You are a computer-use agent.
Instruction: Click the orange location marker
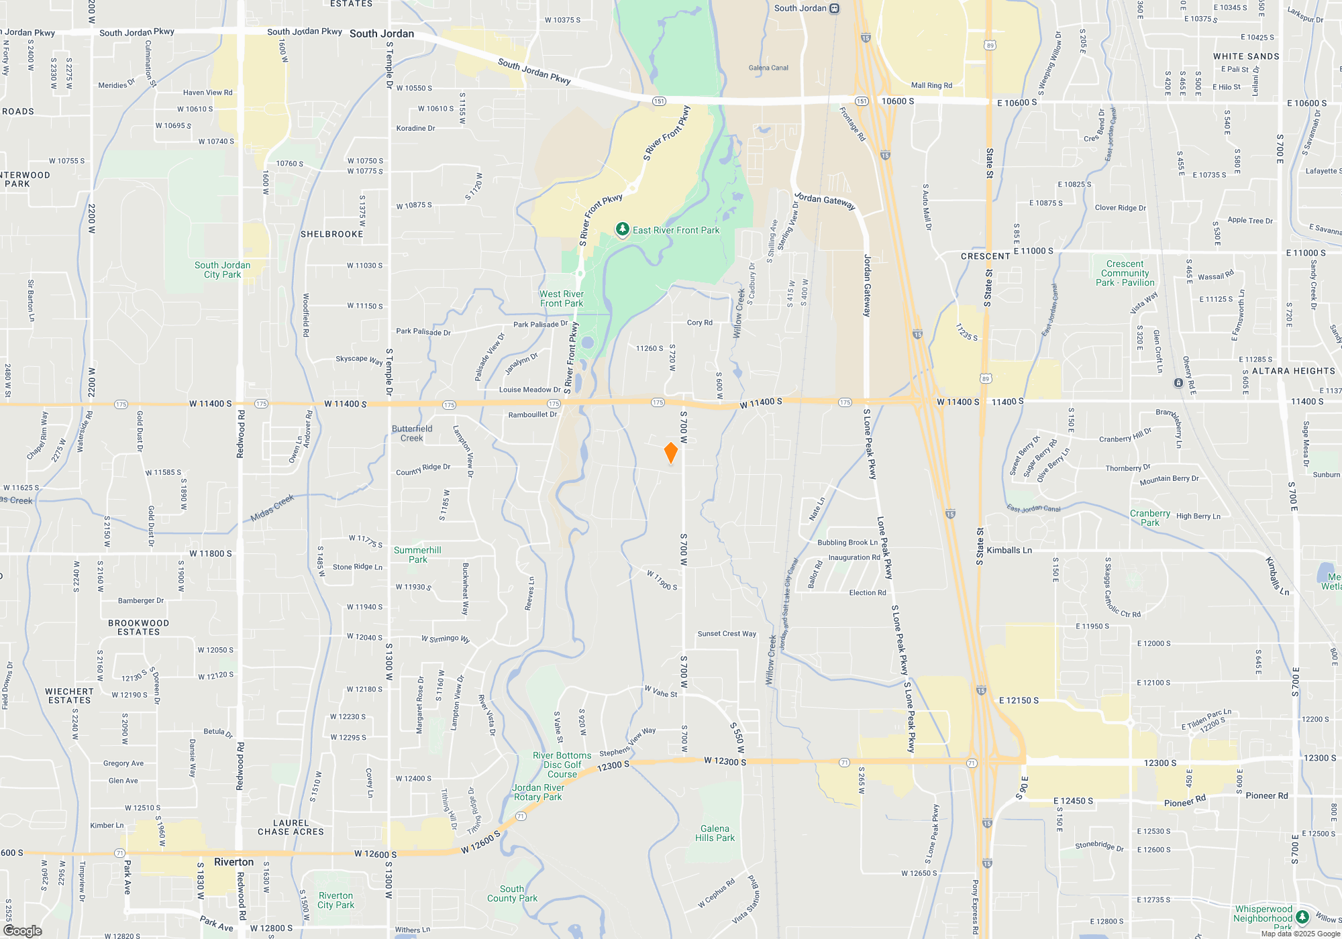(x=670, y=453)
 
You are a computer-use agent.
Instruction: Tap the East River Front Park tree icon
(x=622, y=230)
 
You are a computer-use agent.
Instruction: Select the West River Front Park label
(x=562, y=299)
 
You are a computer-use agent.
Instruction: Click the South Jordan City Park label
(x=222, y=270)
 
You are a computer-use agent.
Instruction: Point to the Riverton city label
(x=234, y=862)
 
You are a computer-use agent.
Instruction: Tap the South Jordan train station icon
(x=835, y=9)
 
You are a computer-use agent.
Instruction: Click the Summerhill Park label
(x=417, y=555)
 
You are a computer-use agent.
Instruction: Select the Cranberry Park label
(x=1149, y=518)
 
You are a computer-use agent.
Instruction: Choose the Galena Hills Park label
(x=715, y=833)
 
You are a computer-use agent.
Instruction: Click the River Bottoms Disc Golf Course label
(x=562, y=765)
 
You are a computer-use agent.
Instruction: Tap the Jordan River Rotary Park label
(x=538, y=792)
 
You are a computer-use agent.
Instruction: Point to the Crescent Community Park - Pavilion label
(x=1125, y=273)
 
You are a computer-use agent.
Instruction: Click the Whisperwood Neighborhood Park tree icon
(x=1302, y=916)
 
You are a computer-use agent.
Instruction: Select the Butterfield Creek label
(x=412, y=433)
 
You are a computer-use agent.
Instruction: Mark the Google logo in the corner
(x=23, y=931)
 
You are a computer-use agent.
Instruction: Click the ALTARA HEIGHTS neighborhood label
(x=1293, y=371)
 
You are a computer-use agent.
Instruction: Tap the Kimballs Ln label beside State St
(x=1009, y=550)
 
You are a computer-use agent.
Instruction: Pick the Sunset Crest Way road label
(x=727, y=633)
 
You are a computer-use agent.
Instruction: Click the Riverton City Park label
(x=335, y=900)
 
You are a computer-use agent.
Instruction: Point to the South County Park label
(x=512, y=893)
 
